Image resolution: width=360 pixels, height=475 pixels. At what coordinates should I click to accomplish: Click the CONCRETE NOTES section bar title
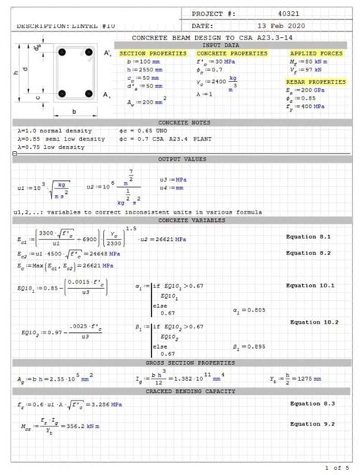point(179,122)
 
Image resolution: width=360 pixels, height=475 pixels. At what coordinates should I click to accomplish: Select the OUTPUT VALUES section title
point(179,160)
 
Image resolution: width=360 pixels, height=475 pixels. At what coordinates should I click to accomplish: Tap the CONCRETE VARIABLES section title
point(179,220)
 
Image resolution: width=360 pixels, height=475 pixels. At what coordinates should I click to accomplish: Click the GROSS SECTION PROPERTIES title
point(179,363)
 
